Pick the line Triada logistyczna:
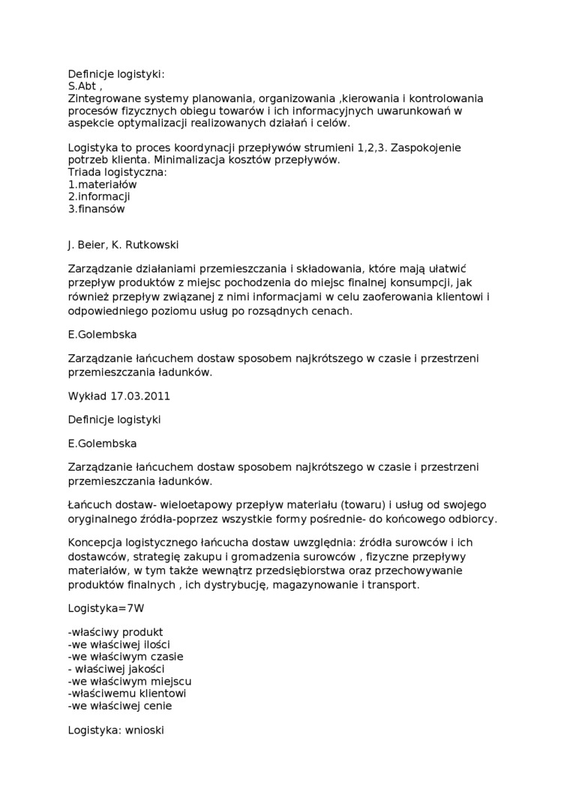[x=117, y=172]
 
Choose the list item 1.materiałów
[x=102, y=184]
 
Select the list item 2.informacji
[x=99, y=197]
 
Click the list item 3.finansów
[x=96, y=209]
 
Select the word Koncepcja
[x=95, y=543]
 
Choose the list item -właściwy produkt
[x=115, y=632]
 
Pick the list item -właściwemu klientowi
[x=127, y=693]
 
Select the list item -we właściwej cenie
[x=119, y=705]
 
